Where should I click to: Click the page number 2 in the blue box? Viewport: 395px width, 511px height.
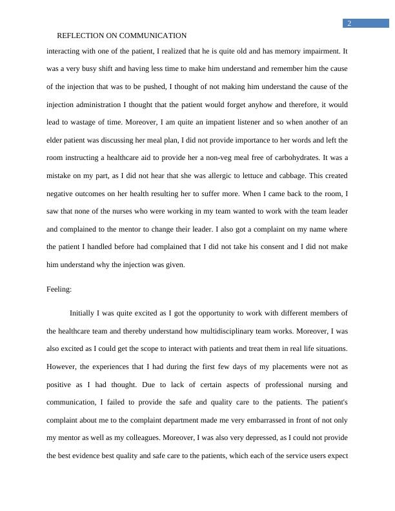coord(349,24)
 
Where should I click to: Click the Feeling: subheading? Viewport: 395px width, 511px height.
coord(59,290)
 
